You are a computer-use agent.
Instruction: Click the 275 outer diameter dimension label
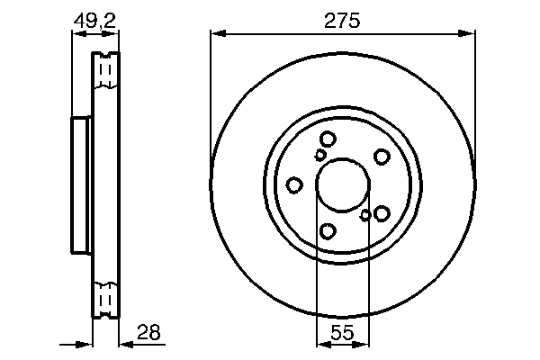point(342,21)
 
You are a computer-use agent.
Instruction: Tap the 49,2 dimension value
point(94,19)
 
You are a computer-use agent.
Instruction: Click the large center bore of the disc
point(342,184)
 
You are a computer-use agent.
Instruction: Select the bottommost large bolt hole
point(328,231)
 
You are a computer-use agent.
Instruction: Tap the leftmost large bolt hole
point(294,184)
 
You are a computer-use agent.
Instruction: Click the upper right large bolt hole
point(382,156)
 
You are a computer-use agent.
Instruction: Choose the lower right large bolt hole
point(382,212)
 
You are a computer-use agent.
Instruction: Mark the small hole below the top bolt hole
point(320,155)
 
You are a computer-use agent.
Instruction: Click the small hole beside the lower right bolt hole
point(365,215)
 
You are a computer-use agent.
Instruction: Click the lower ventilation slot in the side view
point(105,297)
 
